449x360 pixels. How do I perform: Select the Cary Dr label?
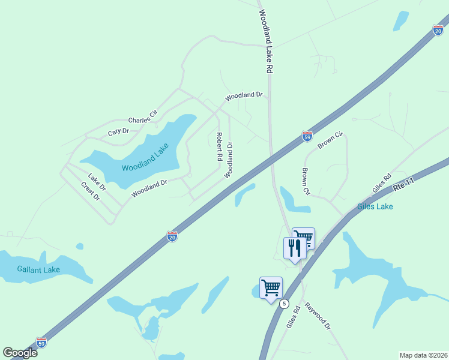pyautogui.click(x=118, y=131)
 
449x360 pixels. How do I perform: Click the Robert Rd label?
pyautogui.click(x=219, y=146)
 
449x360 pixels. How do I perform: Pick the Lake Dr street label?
pyautogui.click(x=97, y=182)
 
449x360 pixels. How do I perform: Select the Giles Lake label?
pyautogui.click(x=375, y=206)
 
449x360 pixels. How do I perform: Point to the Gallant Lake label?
pyautogui.click(x=38, y=270)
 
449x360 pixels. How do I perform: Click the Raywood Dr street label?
pyautogui.click(x=318, y=316)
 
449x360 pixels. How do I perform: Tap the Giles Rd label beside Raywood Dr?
pyautogui.click(x=293, y=316)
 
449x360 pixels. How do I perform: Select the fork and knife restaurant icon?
pyautogui.click(x=294, y=247)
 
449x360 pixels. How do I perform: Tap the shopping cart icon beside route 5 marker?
pyautogui.click(x=271, y=287)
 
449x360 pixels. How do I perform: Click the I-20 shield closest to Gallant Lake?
pyautogui.click(x=172, y=236)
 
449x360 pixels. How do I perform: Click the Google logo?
pyautogui.click(x=20, y=353)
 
